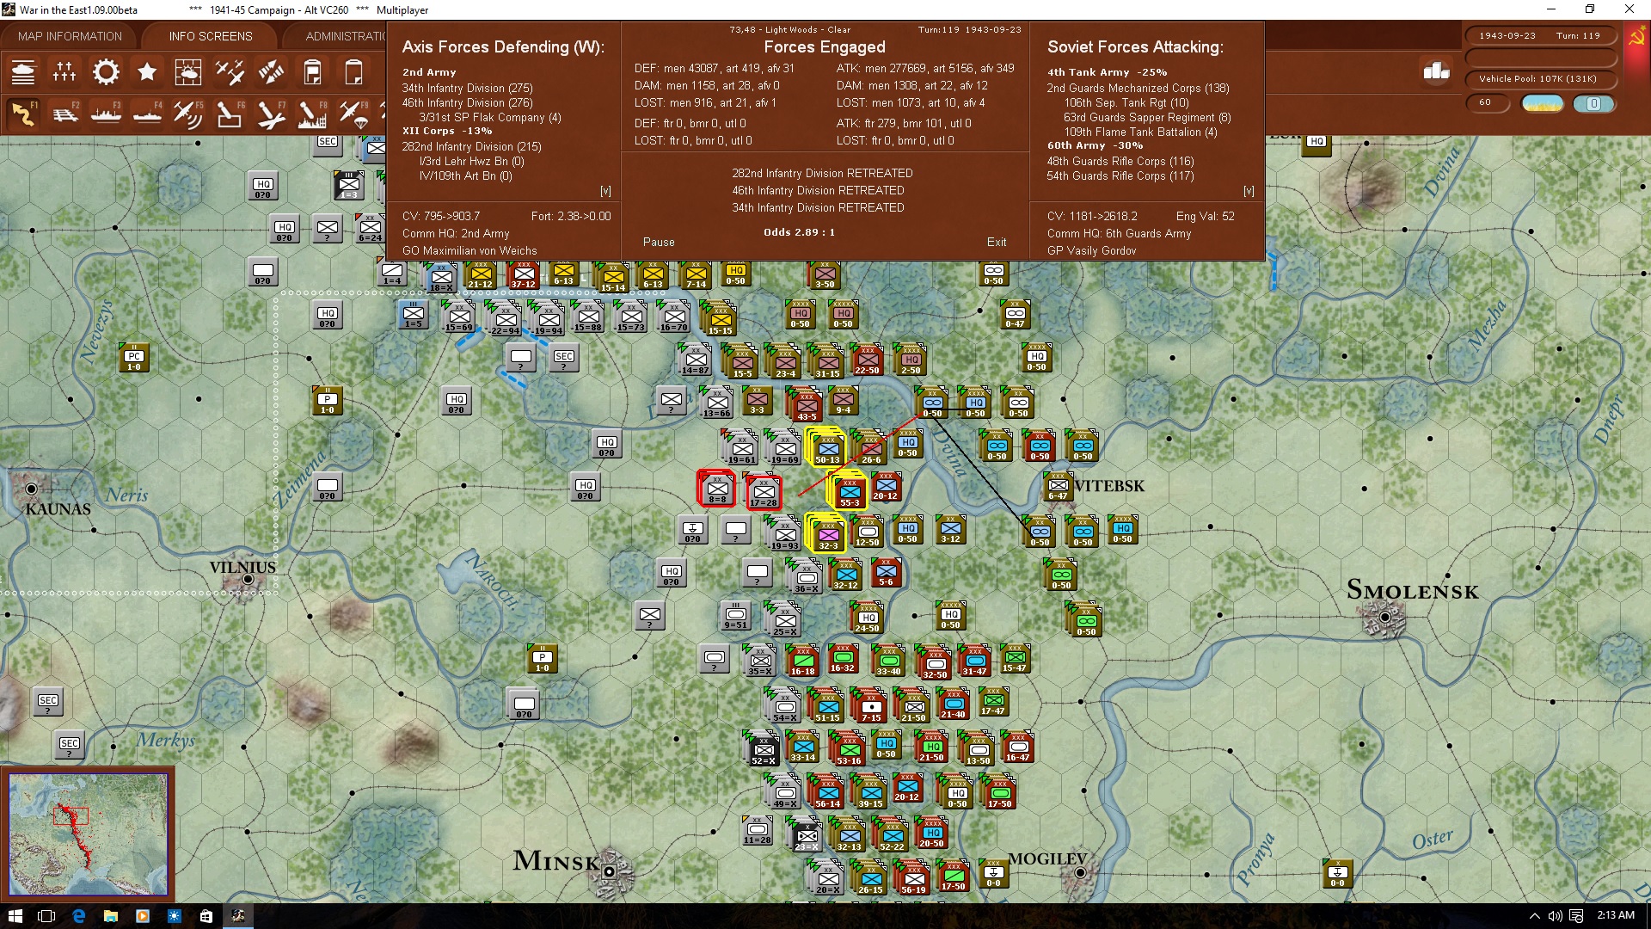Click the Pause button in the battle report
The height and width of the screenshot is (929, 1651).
[x=659, y=243]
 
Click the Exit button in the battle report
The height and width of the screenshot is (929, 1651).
[x=997, y=243]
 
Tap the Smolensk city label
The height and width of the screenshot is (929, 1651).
[x=1412, y=591]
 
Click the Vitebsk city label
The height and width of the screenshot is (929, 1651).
[x=1109, y=486]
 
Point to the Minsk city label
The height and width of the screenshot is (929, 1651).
[x=555, y=861]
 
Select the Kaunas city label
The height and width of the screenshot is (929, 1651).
[x=58, y=509]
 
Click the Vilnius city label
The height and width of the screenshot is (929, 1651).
[x=242, y=568]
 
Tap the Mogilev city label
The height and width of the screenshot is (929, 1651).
[x=1046, y=859]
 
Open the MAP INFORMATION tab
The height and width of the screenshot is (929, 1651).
[x=70, y=36]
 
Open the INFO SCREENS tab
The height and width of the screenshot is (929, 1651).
[x=211, y=36]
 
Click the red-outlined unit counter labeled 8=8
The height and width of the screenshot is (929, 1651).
[x=716, y=489]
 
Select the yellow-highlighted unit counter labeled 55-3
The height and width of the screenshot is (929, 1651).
[x=849, y=491]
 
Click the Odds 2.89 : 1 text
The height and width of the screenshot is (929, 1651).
[x=799, y=232]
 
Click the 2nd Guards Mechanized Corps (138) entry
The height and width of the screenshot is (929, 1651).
[x=1138, y=88]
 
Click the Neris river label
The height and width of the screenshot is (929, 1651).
[x=126, y=495]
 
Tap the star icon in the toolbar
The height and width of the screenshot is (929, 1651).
[x=147, y=72]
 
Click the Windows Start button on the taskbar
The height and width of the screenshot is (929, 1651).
[x=15, y=915]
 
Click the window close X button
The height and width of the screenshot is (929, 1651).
[x=1629, y=9]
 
